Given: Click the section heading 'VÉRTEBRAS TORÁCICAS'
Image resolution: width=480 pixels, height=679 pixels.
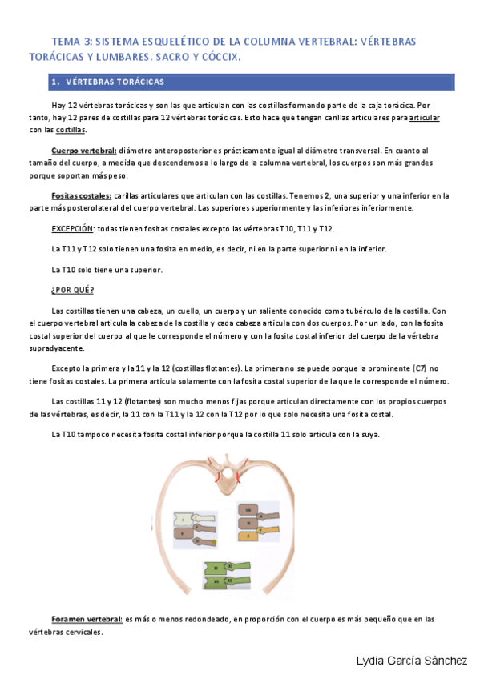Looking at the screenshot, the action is (115, 82).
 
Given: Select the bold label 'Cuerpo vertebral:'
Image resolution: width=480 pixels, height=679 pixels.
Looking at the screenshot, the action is (83, 151).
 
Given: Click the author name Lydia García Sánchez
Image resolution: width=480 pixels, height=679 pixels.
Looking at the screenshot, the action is (411, 661).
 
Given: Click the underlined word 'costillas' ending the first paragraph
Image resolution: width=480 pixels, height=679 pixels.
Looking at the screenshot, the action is (71, 130).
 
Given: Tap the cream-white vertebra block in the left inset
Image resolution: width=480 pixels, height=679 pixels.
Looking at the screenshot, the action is (187, 518).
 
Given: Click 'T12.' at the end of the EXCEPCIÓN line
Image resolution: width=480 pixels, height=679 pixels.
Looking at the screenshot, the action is (326, 228).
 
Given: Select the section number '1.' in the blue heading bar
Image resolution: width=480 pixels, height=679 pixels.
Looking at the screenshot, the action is (54, 82).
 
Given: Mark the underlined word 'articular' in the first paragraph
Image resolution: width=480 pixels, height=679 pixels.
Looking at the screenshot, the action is (424, 118).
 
